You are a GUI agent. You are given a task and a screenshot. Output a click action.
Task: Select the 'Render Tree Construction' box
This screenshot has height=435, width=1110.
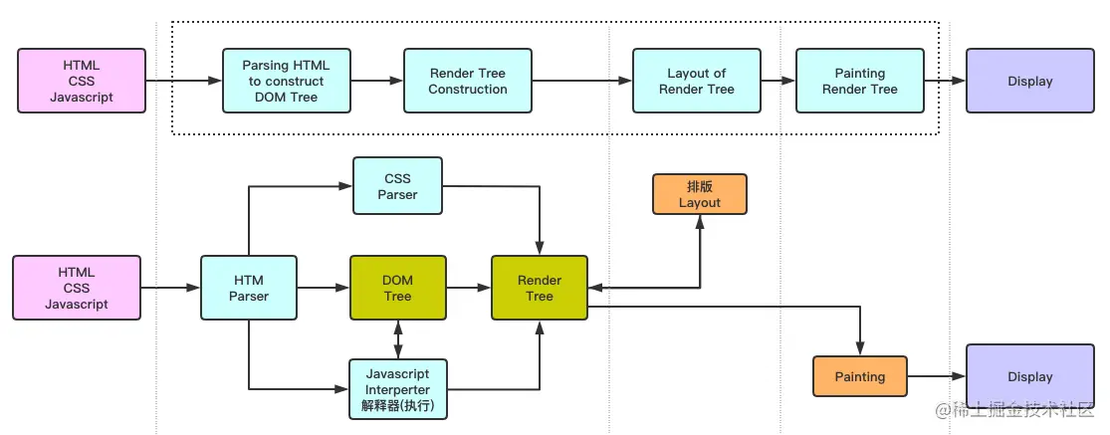tap(467, 81)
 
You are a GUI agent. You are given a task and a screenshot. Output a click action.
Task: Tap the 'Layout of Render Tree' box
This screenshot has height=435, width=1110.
tap(696, 81)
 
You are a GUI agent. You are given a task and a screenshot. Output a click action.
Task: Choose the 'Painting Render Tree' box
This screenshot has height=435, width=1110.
tap(859, 81)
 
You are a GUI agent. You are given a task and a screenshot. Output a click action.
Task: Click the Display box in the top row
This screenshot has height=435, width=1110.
tap(1029, 81)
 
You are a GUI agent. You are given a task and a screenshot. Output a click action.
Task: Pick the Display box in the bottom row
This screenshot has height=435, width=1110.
tap(1029, 376)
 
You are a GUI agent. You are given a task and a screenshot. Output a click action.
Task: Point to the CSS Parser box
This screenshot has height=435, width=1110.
tap(397, 186)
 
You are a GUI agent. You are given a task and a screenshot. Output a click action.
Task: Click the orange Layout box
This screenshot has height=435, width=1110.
tap(699, 194)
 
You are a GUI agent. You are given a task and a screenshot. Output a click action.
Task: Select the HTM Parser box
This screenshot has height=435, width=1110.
tap(248, 288)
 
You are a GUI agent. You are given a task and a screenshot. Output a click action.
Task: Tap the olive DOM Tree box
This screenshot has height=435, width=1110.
tap(397, 288)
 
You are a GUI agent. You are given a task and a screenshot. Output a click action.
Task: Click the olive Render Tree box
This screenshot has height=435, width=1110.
tap(539, 288)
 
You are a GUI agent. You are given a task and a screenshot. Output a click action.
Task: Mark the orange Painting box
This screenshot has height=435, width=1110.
tap(859, 376)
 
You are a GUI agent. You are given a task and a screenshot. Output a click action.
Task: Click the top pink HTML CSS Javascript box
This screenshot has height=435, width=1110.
tap(82, 81)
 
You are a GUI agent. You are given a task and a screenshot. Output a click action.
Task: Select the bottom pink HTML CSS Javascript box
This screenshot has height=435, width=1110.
tap(76, 288)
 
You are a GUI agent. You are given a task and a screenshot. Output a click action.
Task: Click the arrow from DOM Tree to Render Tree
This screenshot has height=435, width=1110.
tap(469, 288)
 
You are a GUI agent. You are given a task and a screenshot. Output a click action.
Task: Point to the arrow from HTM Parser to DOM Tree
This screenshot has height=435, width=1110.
tap(324, 288)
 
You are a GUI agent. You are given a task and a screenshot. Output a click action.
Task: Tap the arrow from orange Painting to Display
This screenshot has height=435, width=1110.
tap(937, 376)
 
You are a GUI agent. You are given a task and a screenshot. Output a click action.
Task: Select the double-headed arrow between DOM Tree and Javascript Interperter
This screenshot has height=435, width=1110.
tap(397, 338)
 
